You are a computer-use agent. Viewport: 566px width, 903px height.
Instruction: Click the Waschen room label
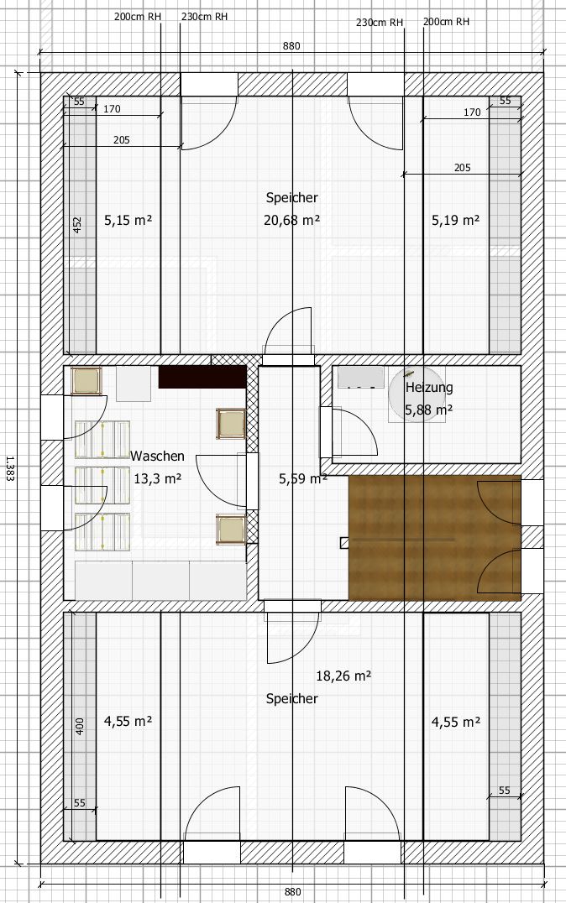pyautogui.click(x=157, y=456)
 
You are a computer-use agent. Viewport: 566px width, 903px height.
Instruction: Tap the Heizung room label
pyautogui.click(x=429, y=388)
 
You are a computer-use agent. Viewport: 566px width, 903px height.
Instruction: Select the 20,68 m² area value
pyautogui.click(x=291, y=220)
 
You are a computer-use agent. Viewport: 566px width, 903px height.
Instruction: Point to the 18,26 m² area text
pyautogui.click(x=343, y=676)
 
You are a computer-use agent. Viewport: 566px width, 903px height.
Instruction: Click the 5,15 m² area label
pyautogui.click(x=128, y=220)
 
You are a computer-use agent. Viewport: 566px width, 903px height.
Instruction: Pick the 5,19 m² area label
pyautogui.click(x=455, y=220)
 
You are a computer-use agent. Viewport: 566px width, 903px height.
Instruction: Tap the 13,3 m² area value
pyautogui.click(x=157, y=478)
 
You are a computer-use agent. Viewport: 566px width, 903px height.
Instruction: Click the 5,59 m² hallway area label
pyautogui.click(x=303, y=478)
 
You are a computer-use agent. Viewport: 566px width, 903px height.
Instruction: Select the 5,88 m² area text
pyautogui.click(x=428, y=410)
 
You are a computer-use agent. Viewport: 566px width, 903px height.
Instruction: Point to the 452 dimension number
pyautogui.click(x=78, y=225)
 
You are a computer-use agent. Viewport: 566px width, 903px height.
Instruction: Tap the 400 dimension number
pyautogui.click(x=80, y=726)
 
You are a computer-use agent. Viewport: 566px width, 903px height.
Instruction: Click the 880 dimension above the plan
pyautogui.click(x=291, y=46)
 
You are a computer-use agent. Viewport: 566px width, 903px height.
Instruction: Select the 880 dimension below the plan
pyautogui.click(x=293, y=892)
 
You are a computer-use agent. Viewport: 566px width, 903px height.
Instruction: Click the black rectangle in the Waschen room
pyautogui.click(x=202, y=377)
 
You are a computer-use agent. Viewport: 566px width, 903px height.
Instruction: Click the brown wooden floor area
pyautogui.click(x=435, y=538)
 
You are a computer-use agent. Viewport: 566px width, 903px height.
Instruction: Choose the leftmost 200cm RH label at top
pyautogui.click(x=138, y=17)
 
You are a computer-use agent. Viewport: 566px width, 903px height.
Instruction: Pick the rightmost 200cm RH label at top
pyautogui.click(x=446, y=22)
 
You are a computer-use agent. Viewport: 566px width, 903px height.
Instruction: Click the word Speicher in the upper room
pyautogui.click(x=291, y=197)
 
